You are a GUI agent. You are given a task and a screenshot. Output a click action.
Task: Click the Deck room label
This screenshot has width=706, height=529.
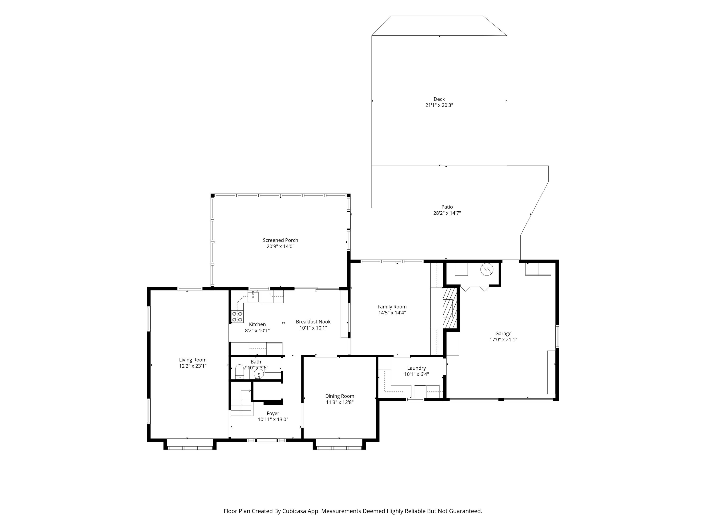coord(439,99)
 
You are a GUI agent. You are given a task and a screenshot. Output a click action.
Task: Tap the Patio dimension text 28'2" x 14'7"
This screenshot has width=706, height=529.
coord(447,213)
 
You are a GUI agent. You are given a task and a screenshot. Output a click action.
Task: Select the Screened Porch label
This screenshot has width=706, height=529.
coord(280,240)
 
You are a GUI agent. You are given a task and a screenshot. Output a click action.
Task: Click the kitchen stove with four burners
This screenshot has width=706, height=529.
coord(237,317)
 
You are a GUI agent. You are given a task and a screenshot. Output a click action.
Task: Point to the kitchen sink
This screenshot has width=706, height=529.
coord(253,296)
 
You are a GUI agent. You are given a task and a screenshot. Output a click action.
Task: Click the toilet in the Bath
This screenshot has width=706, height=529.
coord(239,372)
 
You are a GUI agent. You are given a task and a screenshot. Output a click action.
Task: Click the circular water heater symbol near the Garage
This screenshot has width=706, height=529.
coord(487,269)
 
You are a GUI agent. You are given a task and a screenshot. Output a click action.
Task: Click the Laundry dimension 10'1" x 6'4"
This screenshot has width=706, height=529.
coord(417,374)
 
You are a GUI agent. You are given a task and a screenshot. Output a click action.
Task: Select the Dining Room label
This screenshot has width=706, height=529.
coord(340,396)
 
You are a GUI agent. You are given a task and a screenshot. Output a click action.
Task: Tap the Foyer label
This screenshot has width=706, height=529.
coord(273,413)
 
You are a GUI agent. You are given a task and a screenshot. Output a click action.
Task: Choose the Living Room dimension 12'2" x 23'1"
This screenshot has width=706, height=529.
coord(193,366)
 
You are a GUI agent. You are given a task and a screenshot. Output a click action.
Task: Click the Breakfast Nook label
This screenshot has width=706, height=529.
coord(313,322)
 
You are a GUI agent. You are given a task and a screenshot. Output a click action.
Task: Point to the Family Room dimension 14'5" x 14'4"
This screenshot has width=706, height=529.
coord(392,312)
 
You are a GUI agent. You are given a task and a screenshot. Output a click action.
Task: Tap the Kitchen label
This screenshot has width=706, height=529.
coord(257,324)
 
